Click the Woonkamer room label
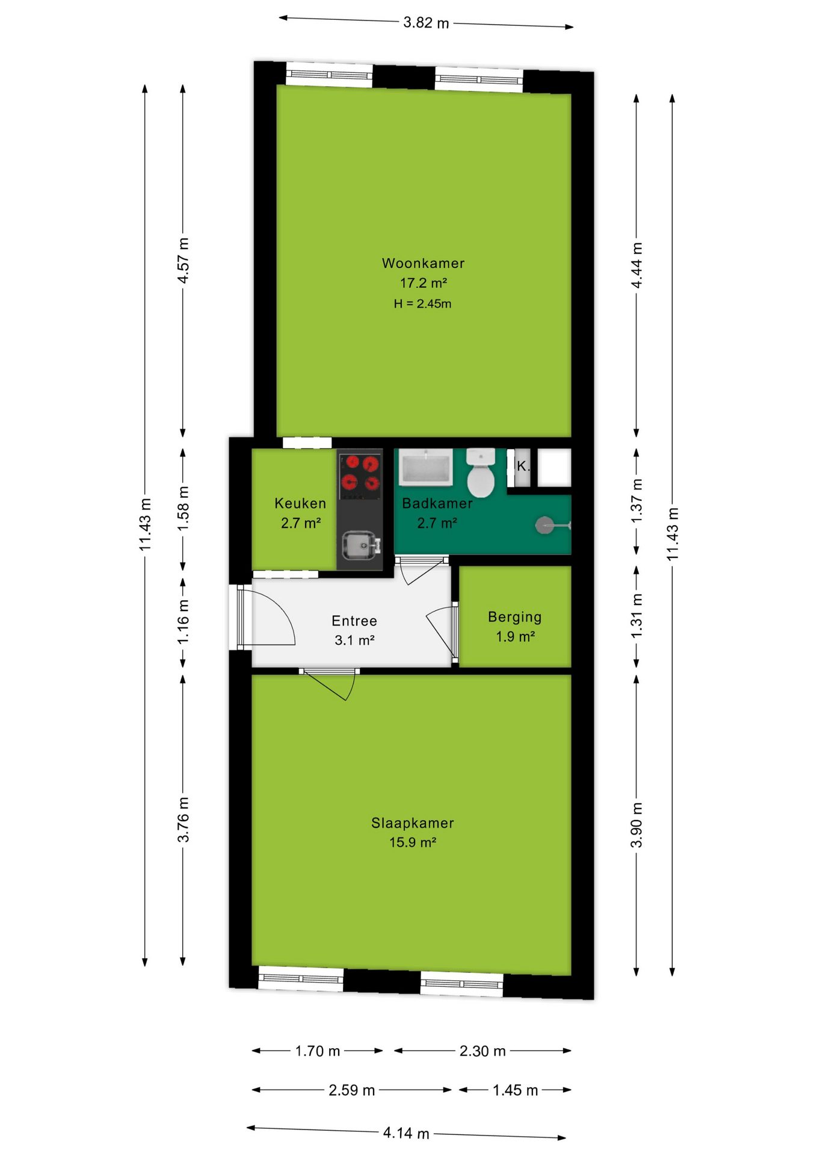click(423, 263)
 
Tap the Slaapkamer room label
click(412, 823)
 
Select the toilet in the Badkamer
click(481, 473)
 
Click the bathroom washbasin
click(426, 467)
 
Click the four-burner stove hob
click(360, 474)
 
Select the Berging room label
click(514, 617)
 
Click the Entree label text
click(354, 621)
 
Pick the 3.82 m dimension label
click(426, 23)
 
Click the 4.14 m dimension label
click(406, 1133)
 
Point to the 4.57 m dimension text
click(183, 260)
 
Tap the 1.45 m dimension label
click(515, 1090)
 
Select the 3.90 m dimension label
click(637, 825)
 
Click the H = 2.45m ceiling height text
click(422, 304)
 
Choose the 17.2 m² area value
click(424, 283)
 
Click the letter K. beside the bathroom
click(523, 466)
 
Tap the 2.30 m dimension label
click(482, 1051)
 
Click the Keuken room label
click(300, 503)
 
